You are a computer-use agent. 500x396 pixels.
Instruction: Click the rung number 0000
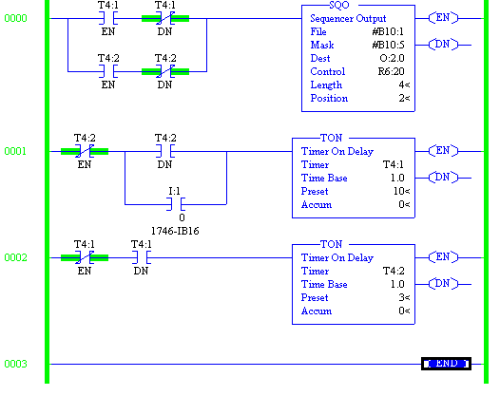click(16, 18)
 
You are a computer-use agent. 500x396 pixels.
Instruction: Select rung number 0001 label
click(16, 151)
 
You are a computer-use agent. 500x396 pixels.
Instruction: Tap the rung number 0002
click(16, 257)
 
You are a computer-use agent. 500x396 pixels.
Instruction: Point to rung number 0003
click(16, 364)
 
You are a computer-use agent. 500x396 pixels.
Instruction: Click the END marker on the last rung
click(446, 364)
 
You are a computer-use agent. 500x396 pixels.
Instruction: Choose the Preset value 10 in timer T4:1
click(401, 191)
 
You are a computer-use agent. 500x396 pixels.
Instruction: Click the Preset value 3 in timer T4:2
click(403, 297)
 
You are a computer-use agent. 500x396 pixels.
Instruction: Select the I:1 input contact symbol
click(175, 204)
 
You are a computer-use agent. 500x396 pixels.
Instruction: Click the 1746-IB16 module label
click(175, 231)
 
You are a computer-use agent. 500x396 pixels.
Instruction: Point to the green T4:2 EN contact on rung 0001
click(85, 151)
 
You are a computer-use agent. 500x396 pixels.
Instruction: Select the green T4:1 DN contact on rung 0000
click(164, 18)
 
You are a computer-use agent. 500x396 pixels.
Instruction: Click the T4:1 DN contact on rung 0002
click(141, 257)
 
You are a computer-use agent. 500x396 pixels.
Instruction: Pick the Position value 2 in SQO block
click(404, 98)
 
